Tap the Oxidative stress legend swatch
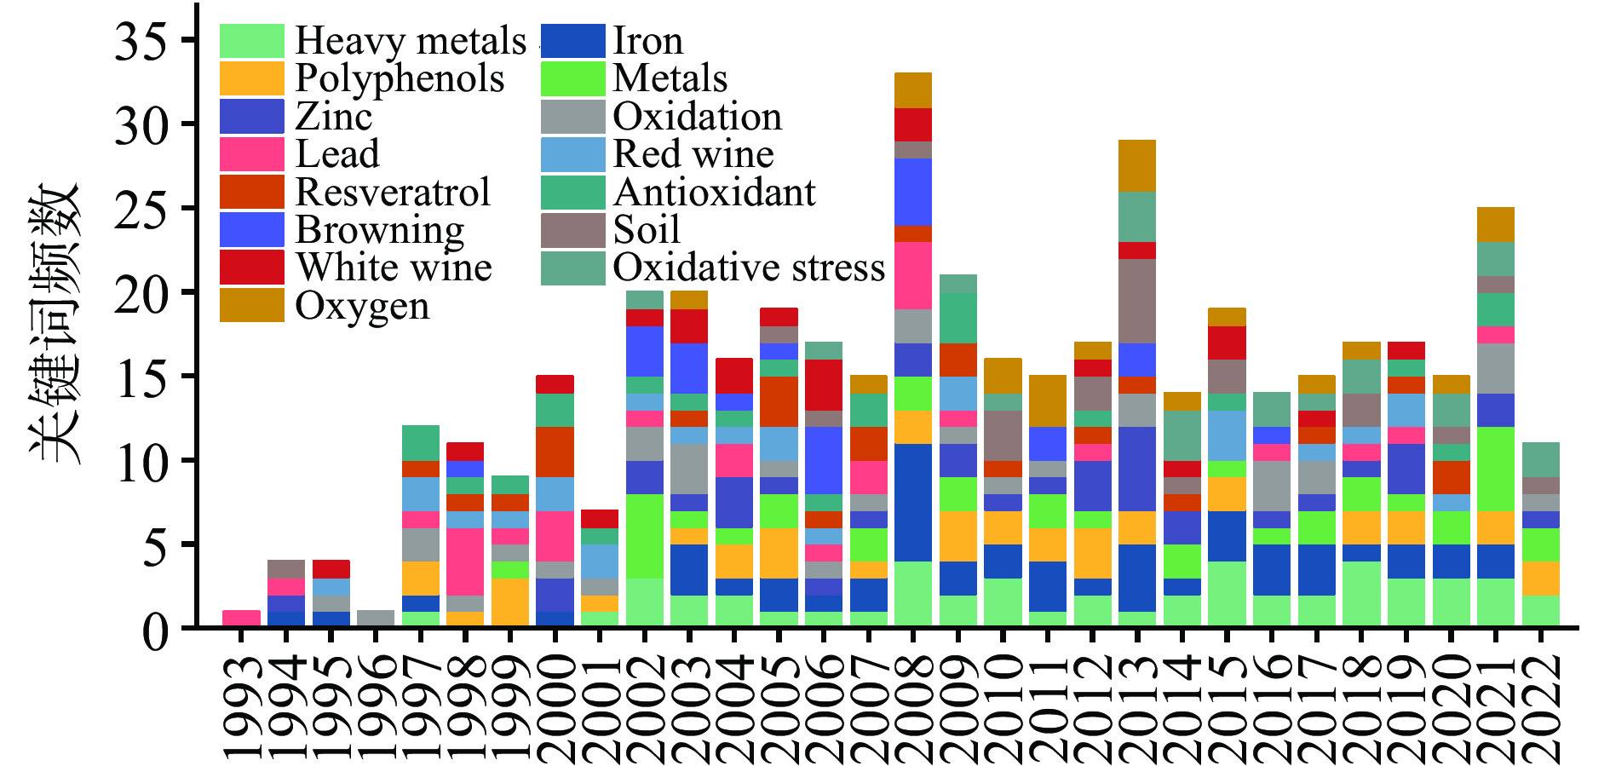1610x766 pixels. coord(572,268)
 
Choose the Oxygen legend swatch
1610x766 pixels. coord(251,305)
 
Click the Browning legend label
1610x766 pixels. coord(379,230)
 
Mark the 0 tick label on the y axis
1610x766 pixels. coord(155,631)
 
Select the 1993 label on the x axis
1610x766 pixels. coord(242,707)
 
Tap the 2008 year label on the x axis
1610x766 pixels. coord(913,707)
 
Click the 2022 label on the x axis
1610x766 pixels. coord(1541,707)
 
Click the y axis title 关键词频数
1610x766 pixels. coord(55,324)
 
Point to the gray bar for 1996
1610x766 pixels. coord(376,619)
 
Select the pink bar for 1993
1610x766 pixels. coord(241,619)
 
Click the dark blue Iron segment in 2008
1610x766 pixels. coord(913,503)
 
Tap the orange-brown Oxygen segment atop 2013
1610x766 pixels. coord(1137,166)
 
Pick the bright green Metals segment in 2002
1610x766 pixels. coord(645,536)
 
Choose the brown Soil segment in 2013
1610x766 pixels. coord(1137,301)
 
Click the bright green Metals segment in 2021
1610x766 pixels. coord(1496,469)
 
